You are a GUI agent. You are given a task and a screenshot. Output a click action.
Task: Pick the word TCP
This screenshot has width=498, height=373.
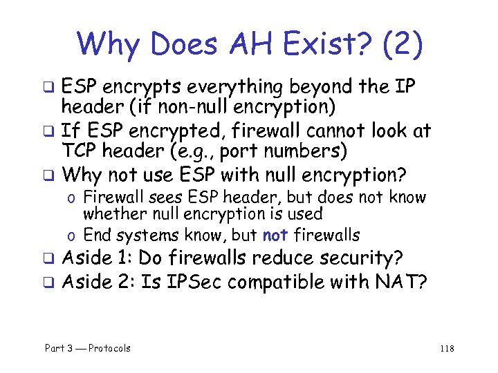pyautogui.click(x=80, y=151)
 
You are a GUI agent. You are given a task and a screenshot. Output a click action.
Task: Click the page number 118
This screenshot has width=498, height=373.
pyautogui.click(x=447, y=348)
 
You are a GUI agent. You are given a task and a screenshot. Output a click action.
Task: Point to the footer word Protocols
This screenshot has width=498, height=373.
pyautogui.click(x=109, y=348)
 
